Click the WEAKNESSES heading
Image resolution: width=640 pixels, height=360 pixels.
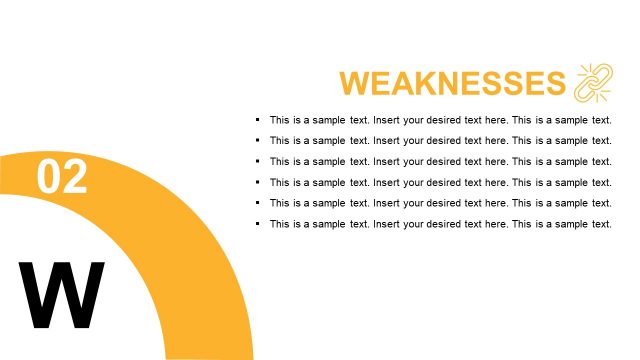[x=452, y=83]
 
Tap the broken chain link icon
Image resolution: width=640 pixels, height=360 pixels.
[x=594, y=82]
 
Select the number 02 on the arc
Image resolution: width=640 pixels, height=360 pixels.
[x=62, y=177]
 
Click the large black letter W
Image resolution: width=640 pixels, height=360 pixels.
[x=62, y=295]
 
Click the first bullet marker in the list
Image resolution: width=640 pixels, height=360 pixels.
[x=258, y=119]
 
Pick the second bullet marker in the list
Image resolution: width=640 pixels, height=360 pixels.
[x=258, y=140]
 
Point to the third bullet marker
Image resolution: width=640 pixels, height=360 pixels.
[x=258, y=161]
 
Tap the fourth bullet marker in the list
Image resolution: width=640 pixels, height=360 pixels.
[x=258, y=182]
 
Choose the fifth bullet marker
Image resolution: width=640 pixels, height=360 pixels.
[x=258, y=203]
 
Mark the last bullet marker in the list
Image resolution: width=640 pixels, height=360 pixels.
[x=258, y=224]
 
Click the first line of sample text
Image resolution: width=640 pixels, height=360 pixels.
[x=440, y=119]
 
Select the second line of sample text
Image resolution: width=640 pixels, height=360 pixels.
[x=440, y=140]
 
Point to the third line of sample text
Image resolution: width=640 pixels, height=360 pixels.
[x=440, y=161]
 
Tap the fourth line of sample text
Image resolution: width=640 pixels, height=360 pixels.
[x=440, y=182]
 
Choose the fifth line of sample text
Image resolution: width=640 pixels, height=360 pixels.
[x=440, y=203]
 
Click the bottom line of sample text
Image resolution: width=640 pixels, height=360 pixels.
[x=440, y=224]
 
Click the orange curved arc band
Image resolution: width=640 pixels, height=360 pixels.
[x=200, y=260]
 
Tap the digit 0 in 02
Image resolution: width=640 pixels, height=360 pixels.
[x=49, y=177]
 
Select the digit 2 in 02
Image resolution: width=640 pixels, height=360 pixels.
[x=75, y=177]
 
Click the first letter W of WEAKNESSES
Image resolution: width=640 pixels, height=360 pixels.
[x=356, y=83]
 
